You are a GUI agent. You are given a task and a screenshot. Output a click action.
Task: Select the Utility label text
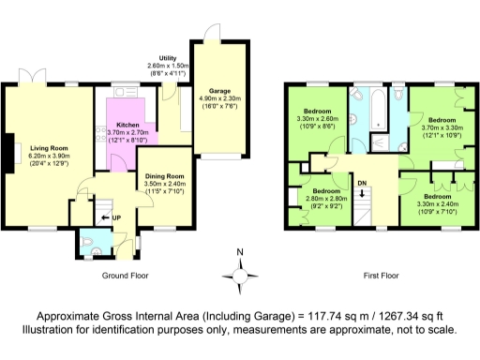168,58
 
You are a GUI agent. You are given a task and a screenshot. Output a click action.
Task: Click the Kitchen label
127,125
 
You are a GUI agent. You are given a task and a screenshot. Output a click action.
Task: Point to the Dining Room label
164,175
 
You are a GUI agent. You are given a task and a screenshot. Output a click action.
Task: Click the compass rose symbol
240,273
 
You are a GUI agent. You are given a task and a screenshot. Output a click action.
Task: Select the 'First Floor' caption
381,277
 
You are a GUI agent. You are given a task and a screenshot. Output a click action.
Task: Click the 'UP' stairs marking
115,217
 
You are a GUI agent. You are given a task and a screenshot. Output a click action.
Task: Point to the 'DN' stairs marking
363,184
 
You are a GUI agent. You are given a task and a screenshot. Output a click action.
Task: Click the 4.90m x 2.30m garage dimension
219,96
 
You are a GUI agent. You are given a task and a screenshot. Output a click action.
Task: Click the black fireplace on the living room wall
9,153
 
